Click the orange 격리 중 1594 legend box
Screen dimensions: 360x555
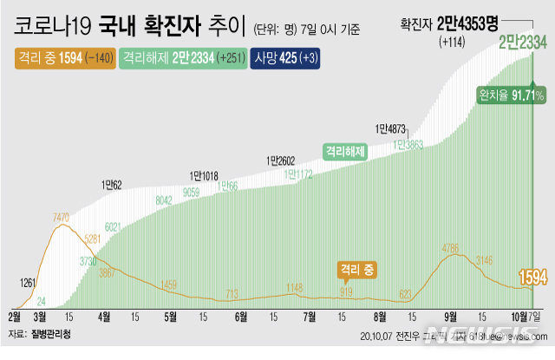64,58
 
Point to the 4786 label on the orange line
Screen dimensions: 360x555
451,249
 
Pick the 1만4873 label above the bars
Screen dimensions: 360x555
391,129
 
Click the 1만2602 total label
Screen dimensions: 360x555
281,160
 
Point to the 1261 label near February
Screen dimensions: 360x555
29,282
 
